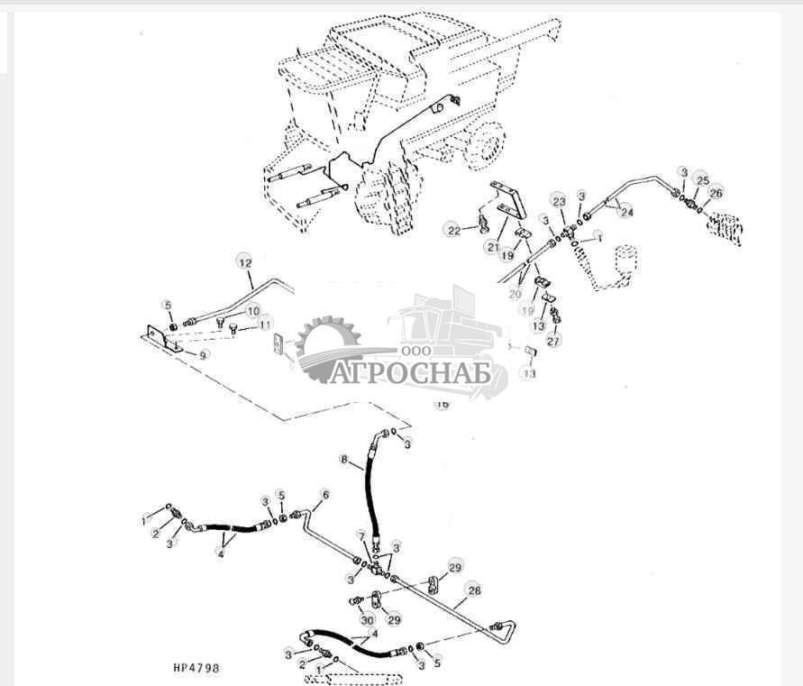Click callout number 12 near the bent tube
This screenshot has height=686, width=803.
pos(245,262)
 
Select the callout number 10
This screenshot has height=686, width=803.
pos(253,310)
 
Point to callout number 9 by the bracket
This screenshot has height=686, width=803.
pos(204,355)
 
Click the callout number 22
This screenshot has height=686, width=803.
pos(454,231)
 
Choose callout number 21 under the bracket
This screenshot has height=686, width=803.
pos(492,246)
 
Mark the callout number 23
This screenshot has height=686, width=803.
pos(559,201)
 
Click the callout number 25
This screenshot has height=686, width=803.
pos(703,180)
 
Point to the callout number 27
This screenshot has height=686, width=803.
pos(553,342)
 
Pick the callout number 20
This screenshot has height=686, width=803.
pos(516,294)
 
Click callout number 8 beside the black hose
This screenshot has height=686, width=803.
pos(343,459)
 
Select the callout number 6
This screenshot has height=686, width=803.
pos(324,494)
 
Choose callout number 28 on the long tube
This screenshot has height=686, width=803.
pos(474,591)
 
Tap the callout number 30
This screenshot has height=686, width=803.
pos(366,619)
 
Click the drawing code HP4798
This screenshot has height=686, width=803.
pos(196,668)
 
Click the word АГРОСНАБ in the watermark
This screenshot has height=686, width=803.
pos(410,372)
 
